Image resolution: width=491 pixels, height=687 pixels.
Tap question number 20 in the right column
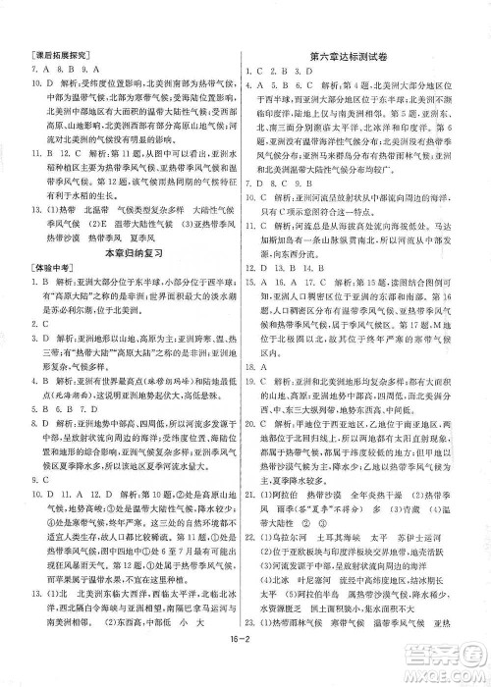coord(260,438)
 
